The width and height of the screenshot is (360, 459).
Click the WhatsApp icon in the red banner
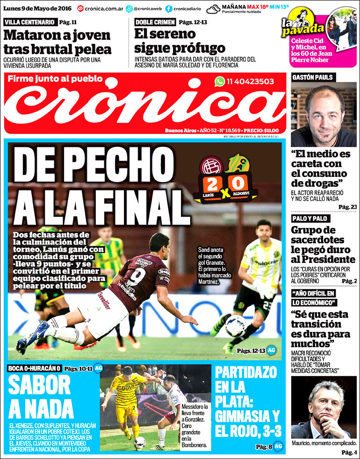coord(220,81)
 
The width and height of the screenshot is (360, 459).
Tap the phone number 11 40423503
coord(251,81)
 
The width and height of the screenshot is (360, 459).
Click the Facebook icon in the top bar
coord(168,8)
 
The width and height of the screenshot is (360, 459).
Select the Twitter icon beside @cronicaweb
coord(130,8)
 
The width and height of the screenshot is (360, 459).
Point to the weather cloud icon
coord(213,9)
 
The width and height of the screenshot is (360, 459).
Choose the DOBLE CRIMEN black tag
coord(155,22)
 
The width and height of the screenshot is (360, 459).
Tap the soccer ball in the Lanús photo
coord(236,325)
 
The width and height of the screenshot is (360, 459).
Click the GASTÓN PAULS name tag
coord(312,77)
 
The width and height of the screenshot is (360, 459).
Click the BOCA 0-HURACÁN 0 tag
coord(34,368)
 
